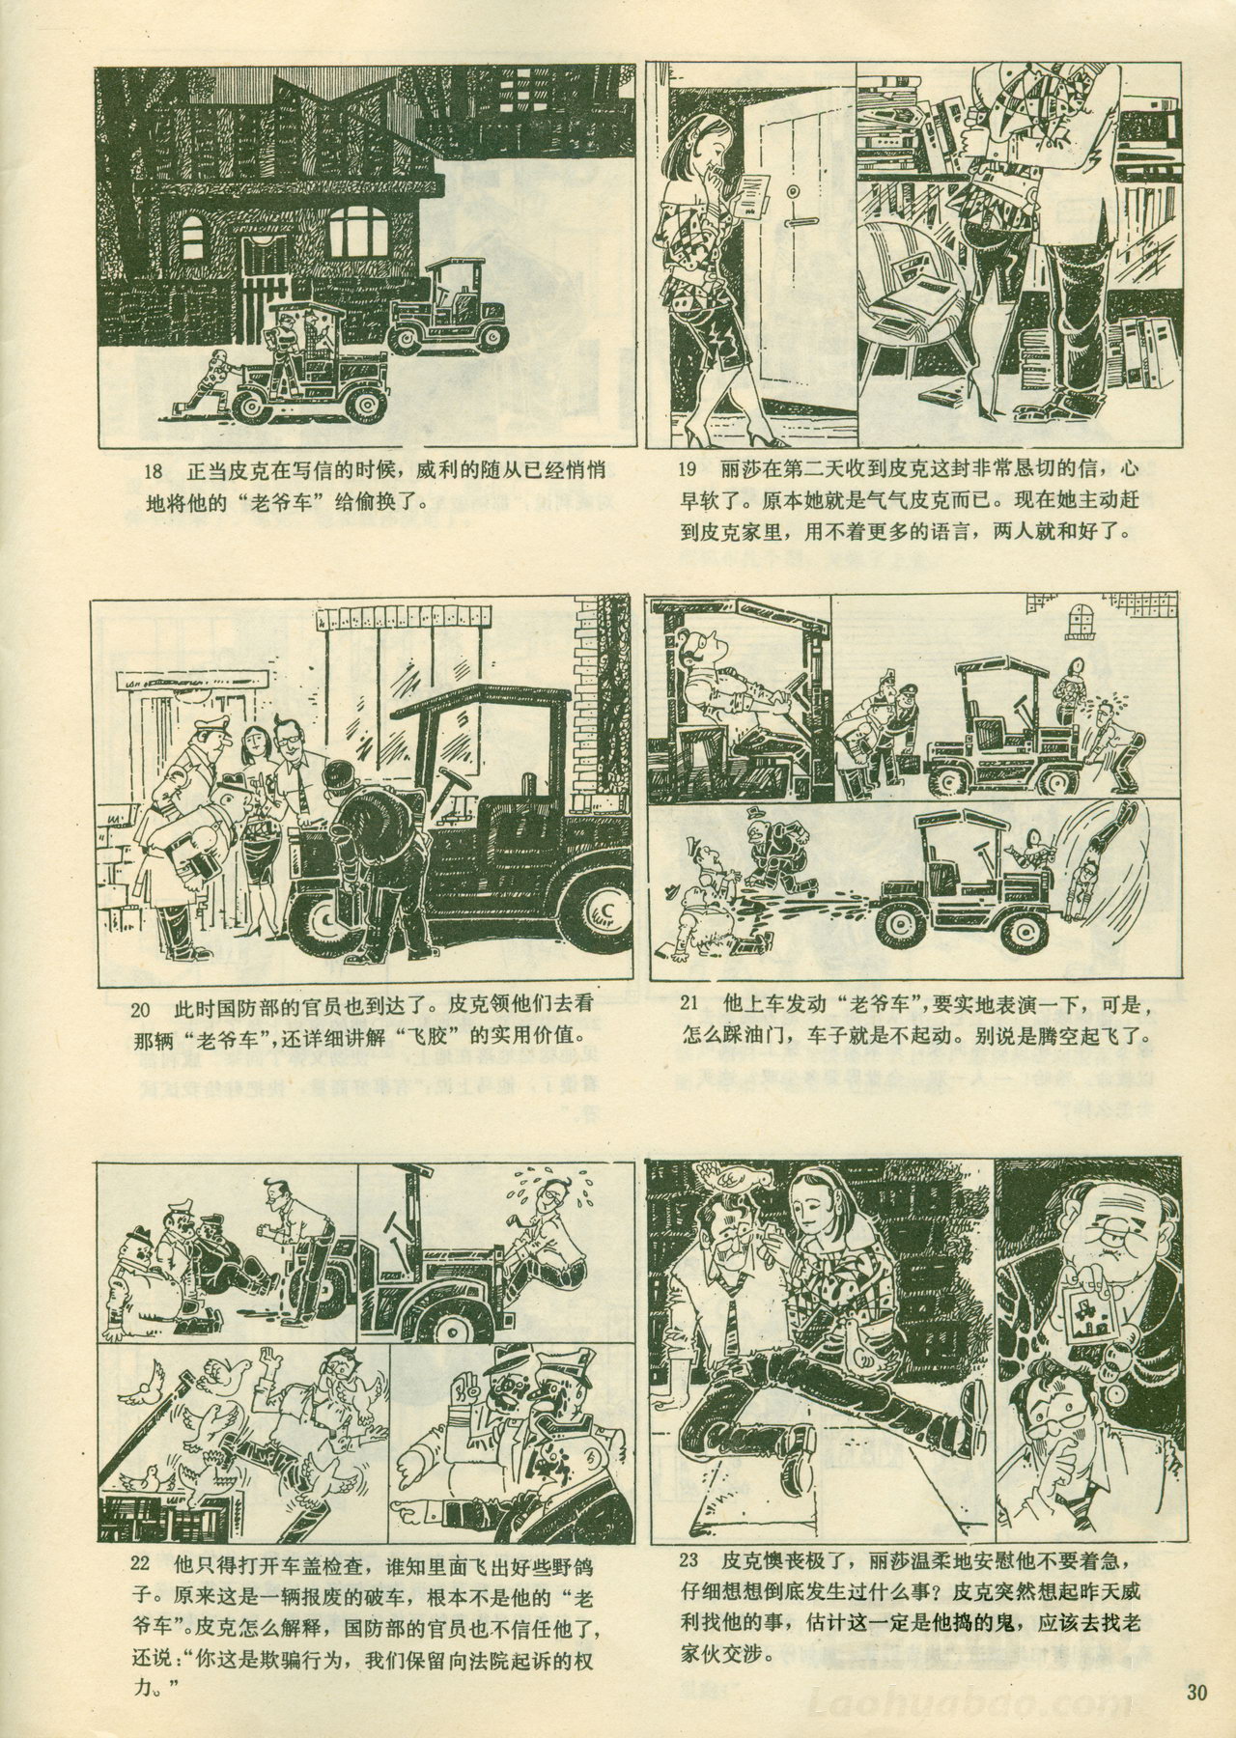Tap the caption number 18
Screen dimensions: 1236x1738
click(x=152, y=473)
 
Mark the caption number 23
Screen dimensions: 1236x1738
click(x=688, y=1560)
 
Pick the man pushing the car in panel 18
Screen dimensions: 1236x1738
click(x=211, y=380)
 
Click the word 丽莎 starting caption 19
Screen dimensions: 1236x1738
click(x=741, y=473)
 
